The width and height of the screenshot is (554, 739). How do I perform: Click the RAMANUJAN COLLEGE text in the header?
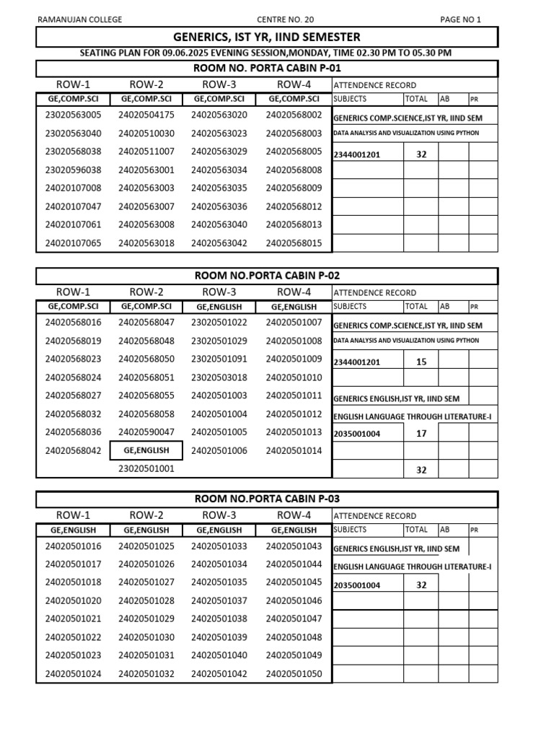(79, 19)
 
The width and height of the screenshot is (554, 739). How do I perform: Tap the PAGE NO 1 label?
(460, 19)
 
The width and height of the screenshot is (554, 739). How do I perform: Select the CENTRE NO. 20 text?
(286, 19)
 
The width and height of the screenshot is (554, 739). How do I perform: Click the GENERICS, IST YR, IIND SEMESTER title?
(267, 37)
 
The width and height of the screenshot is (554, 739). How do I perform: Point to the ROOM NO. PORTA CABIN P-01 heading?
(267, 69)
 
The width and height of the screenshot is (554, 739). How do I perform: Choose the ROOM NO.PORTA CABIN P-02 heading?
(267, 276)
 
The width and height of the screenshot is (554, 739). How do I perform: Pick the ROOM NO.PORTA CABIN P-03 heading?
(267, 499)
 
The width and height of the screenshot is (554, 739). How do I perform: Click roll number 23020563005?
(74, 115)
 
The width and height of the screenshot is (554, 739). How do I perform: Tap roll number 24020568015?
(294, 243)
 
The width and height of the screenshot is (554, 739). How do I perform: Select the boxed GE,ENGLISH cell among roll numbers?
(146, 450)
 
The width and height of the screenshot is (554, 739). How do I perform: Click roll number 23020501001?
(146, 468)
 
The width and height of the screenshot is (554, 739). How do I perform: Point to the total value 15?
(421, 362)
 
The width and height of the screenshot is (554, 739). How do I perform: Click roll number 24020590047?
(146, 432)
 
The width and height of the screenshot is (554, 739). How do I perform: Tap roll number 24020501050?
(294, 674)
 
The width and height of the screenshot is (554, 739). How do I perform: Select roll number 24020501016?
(74, 546)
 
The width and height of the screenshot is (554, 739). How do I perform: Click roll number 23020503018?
(219, 377)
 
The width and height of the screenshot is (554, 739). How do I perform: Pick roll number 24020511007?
(146, 152)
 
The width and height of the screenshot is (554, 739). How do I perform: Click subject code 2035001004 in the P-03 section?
(357, 585)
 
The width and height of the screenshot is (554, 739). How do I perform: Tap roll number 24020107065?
(74, 243)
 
